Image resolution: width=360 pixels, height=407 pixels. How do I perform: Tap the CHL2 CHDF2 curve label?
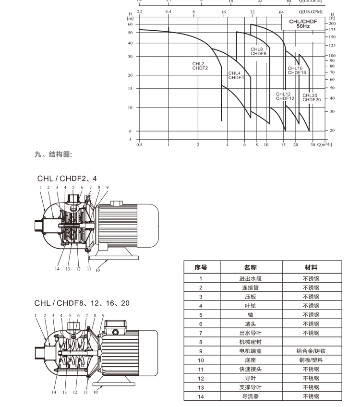click(200, 66)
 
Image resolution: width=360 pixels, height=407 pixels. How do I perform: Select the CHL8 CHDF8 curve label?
click(258, 51)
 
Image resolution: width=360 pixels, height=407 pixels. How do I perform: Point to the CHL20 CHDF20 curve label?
click(312, 97)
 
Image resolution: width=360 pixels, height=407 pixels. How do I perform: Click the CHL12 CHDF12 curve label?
click(285, 96)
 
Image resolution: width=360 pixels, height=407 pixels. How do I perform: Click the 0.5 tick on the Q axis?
click(139, 144)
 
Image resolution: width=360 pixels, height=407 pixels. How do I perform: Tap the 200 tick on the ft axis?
click(332, 24)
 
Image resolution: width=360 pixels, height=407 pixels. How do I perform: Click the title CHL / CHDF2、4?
click(69, 179)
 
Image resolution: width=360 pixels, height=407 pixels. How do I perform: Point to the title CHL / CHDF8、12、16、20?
click(82, 303)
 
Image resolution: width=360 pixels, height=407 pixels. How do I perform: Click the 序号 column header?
click(201, 267)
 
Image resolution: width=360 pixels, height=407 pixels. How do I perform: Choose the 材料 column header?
click(311, 267)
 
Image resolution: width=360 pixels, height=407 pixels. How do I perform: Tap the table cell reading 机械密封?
click(251, 342)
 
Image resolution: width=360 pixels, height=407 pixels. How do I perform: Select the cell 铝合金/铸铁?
click(311, 351)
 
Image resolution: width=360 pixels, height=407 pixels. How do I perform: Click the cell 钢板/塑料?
click(311, 360)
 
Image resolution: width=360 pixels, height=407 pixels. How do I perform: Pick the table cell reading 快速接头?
click(251, 369)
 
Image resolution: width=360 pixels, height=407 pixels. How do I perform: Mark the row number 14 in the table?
click(201, 396)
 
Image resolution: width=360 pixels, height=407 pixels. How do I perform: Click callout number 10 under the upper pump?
click(97, 270)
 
